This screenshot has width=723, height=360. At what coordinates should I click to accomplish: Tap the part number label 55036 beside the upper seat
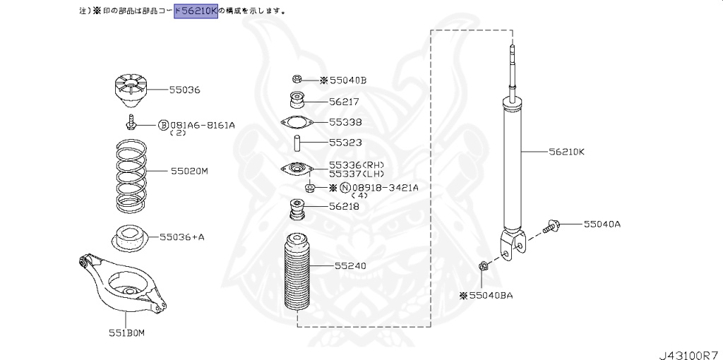tap(185, 90)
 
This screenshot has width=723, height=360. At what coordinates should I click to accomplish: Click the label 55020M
tap(190, 172)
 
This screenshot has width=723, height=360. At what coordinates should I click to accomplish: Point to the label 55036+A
tap(182, 237)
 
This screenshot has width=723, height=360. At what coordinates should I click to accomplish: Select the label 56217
tap(344, 102)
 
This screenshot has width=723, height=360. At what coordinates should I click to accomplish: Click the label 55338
tap(345, 121)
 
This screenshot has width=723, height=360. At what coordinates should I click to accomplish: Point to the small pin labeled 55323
tap(298, 143)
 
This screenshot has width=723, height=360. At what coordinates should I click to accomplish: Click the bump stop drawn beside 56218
tap(297, 210)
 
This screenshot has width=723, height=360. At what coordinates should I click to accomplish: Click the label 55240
tap(350, 267)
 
